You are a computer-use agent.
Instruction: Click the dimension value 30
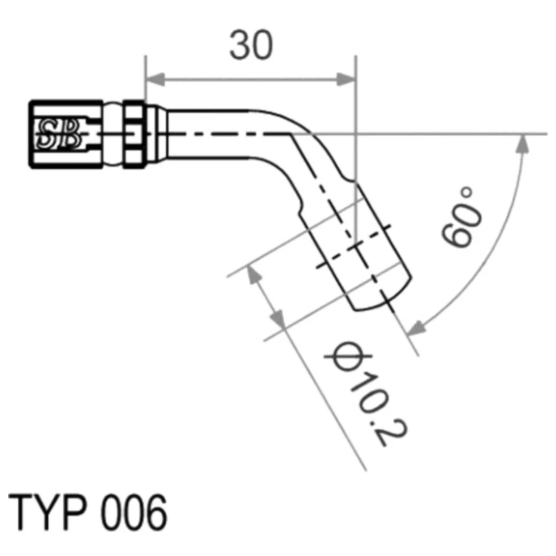click(x=251, y=46)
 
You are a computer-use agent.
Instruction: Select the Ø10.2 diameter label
click(x=366, y=393)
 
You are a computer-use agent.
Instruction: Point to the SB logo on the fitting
click(x=58, y=133)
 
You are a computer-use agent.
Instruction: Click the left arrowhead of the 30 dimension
click(x=155, y=80)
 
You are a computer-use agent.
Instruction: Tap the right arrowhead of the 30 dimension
click(x=346, y=80)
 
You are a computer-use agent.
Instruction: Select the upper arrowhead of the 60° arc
click(x=522, y=145)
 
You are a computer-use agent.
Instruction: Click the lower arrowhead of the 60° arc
click(x=416, y=328)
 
